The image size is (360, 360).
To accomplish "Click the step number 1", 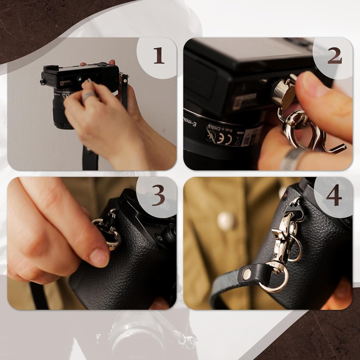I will click(159, 56).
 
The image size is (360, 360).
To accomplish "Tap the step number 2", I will click(334, 56).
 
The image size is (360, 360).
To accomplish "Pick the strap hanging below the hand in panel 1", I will click(90, 158).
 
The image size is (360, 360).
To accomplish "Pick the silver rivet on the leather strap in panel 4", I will click(247, 274).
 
